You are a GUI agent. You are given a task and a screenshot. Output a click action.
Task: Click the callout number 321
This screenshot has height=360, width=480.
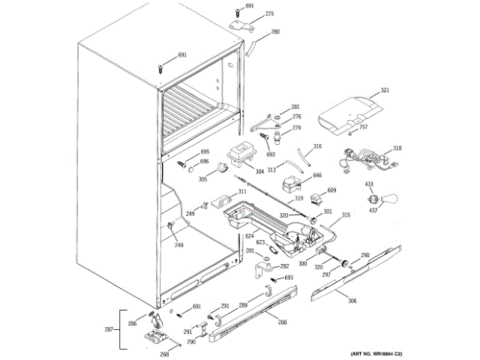[x=385, y=91]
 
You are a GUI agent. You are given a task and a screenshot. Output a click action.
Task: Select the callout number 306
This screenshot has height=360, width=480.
[x=352, y=301]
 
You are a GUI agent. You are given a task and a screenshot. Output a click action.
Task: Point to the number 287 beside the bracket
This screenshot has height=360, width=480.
[x=108, y=328]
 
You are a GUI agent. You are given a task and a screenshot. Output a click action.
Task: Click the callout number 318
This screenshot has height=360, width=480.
[x=397, y=148]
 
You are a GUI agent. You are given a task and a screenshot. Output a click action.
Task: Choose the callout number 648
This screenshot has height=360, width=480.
[x=317, y=175]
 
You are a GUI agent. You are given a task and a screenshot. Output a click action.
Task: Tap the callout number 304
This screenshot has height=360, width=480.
[x=259, y=172]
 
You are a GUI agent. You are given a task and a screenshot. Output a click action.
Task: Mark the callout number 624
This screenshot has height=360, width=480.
[x=250, y=236]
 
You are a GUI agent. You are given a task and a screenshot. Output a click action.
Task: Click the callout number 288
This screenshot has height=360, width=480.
[x=282, y=323]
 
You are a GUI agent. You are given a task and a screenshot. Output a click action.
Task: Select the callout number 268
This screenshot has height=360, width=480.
[x=164, y=355]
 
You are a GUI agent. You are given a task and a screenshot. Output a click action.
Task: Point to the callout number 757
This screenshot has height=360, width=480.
[x=363, y=127]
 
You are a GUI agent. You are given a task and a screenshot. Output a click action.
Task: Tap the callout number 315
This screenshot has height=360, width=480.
[x=346, y=215]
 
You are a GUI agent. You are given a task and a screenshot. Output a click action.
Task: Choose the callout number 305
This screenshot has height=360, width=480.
[x=203, y=180]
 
